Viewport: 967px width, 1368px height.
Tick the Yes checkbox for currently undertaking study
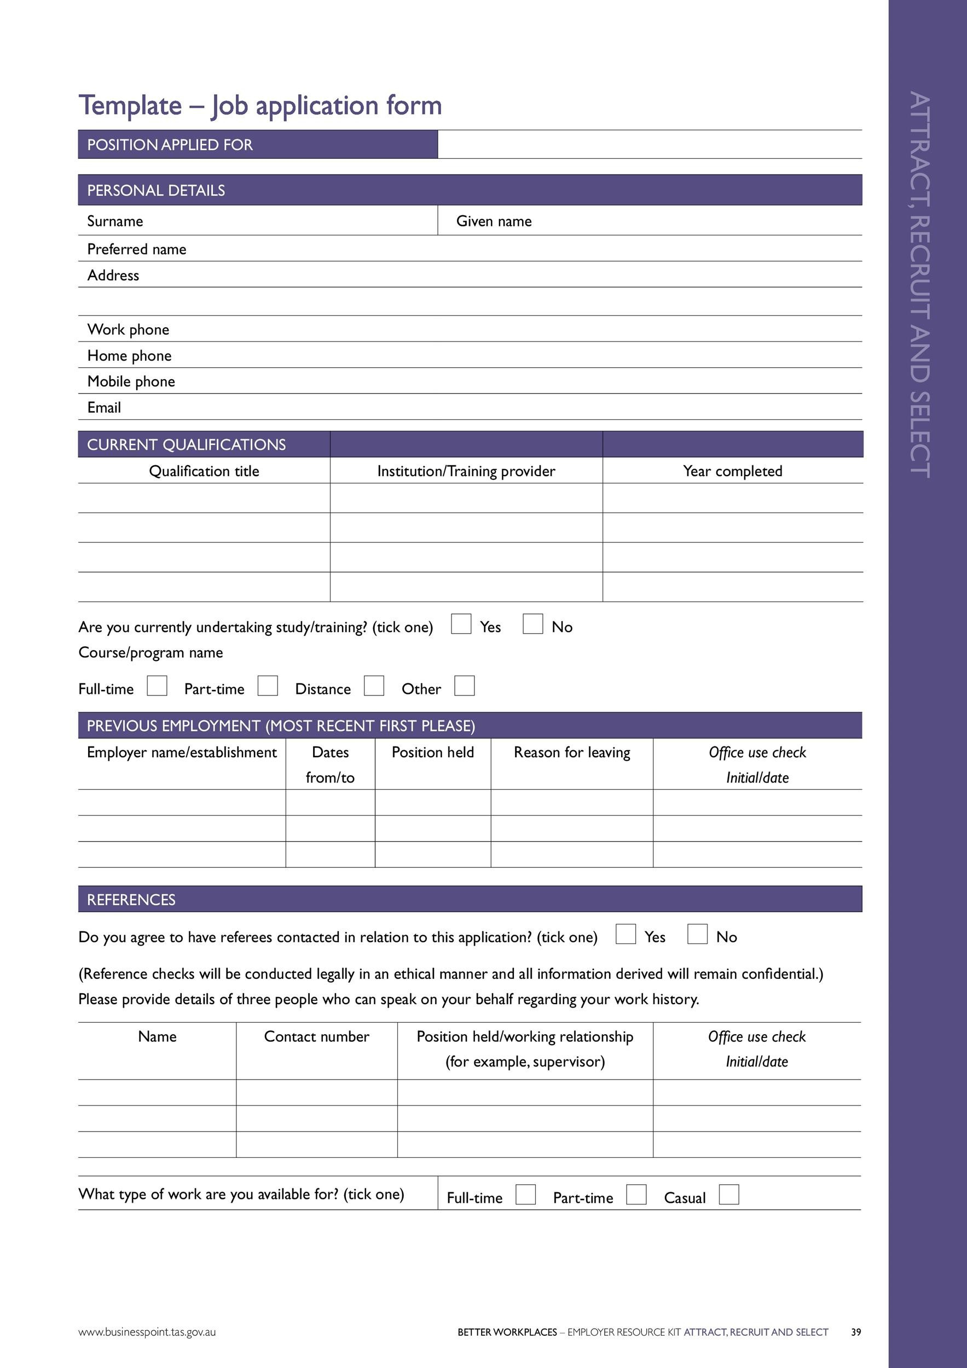click(461, 624)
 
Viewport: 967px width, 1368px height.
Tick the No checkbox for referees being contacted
click(697, 934)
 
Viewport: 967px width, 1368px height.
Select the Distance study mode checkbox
click(374, 685)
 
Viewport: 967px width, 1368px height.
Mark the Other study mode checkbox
click(464, 685)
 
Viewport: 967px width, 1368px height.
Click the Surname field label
click(115, 221)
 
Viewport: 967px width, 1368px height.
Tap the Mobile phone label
click(131, 381)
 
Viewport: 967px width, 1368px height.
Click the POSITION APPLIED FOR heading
click(170, 145)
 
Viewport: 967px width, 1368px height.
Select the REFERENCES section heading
click(131, 899)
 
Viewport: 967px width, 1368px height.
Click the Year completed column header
click(732, 471)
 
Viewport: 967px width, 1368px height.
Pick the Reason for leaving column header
click(571, 752)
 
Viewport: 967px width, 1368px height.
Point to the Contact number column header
click(316, 1036)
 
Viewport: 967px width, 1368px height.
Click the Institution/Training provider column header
click(466, 471)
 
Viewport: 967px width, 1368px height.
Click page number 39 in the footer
click(855, 1332)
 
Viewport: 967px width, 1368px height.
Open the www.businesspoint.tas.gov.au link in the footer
click(147, 1332)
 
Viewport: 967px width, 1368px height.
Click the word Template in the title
click(130, 106)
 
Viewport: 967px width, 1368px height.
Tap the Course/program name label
click(150, 652)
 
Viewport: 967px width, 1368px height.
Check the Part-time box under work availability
click(636, 1194)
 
